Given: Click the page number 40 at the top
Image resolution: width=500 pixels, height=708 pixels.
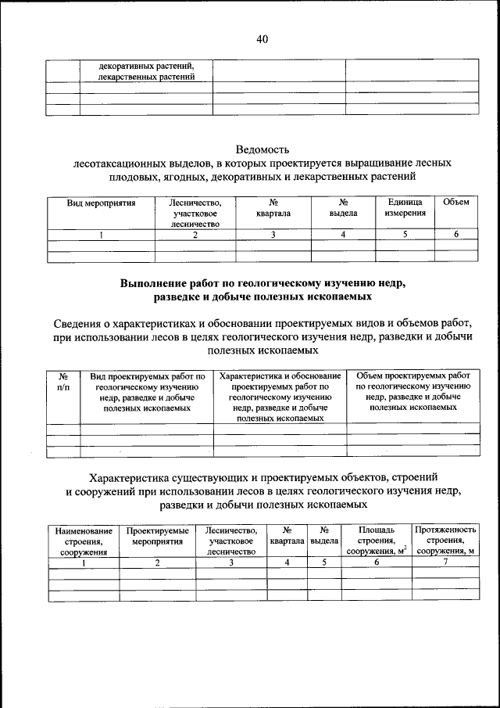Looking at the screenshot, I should [x=262, y=40].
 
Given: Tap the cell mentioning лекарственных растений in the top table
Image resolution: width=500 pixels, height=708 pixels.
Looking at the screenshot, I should [x=146, y=71].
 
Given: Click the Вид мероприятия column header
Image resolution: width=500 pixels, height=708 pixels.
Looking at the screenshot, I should [x=101, y=203].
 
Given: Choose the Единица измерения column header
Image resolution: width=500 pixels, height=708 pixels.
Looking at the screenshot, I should [x=405, y=207].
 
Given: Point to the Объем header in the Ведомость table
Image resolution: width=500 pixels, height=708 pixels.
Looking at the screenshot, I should [x=455, y=203].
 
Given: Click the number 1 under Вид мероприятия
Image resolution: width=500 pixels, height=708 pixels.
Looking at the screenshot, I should [x=101, y=234].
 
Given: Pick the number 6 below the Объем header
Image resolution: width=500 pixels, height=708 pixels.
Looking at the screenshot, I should [x=455, y=234].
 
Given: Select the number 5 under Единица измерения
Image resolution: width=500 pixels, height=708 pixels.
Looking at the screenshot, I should [x=405, y=234].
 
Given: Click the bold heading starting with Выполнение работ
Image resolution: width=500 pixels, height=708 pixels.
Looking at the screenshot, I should [x=262, y=290].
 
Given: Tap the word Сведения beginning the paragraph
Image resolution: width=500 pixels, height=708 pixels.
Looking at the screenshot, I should [x=80, y=323].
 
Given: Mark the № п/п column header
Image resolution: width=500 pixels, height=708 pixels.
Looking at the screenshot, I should [x=63, y=381].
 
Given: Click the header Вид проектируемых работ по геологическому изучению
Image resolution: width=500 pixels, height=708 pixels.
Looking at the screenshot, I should [x=147, y=391].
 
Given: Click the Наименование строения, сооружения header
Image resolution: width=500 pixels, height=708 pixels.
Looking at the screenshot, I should [x=83, y=541].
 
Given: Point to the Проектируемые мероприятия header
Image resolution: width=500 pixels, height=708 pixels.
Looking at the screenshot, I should [x=157, y=536].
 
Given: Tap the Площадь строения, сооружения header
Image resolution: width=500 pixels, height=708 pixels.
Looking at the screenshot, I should [x=377, y=541].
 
